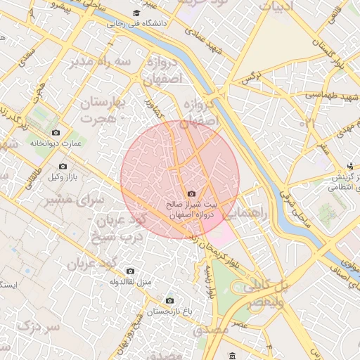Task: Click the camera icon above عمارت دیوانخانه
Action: tap(56, 132)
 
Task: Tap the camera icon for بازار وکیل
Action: tap(63, 167)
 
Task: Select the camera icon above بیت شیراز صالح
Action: tap(191, 194)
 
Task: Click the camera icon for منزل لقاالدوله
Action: tap(130, 271)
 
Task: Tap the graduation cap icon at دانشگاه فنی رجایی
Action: tap(136, 13)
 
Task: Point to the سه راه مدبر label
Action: tap(101, 62)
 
